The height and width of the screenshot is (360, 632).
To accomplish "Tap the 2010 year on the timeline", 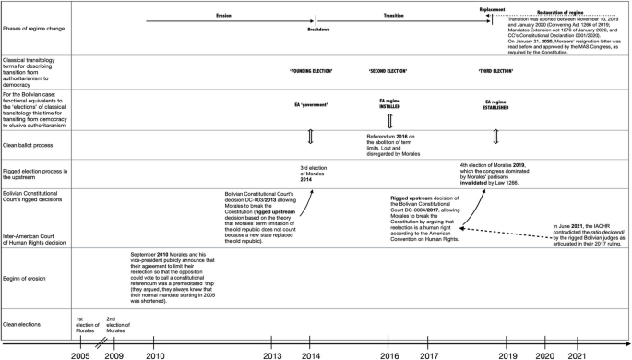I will coord(155,354).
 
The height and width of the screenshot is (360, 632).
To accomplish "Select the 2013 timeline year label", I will coord(274,354).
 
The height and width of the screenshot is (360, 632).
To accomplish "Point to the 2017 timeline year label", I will coord(428,354).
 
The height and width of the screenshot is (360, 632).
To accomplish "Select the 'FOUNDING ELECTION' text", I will coord(312,71).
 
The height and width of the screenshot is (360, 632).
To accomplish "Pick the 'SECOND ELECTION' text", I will coord(390,71).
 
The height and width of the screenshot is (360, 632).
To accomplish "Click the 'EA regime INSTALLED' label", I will coord(391,102).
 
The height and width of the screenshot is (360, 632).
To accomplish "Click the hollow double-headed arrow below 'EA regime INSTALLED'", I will coord(391,122).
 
